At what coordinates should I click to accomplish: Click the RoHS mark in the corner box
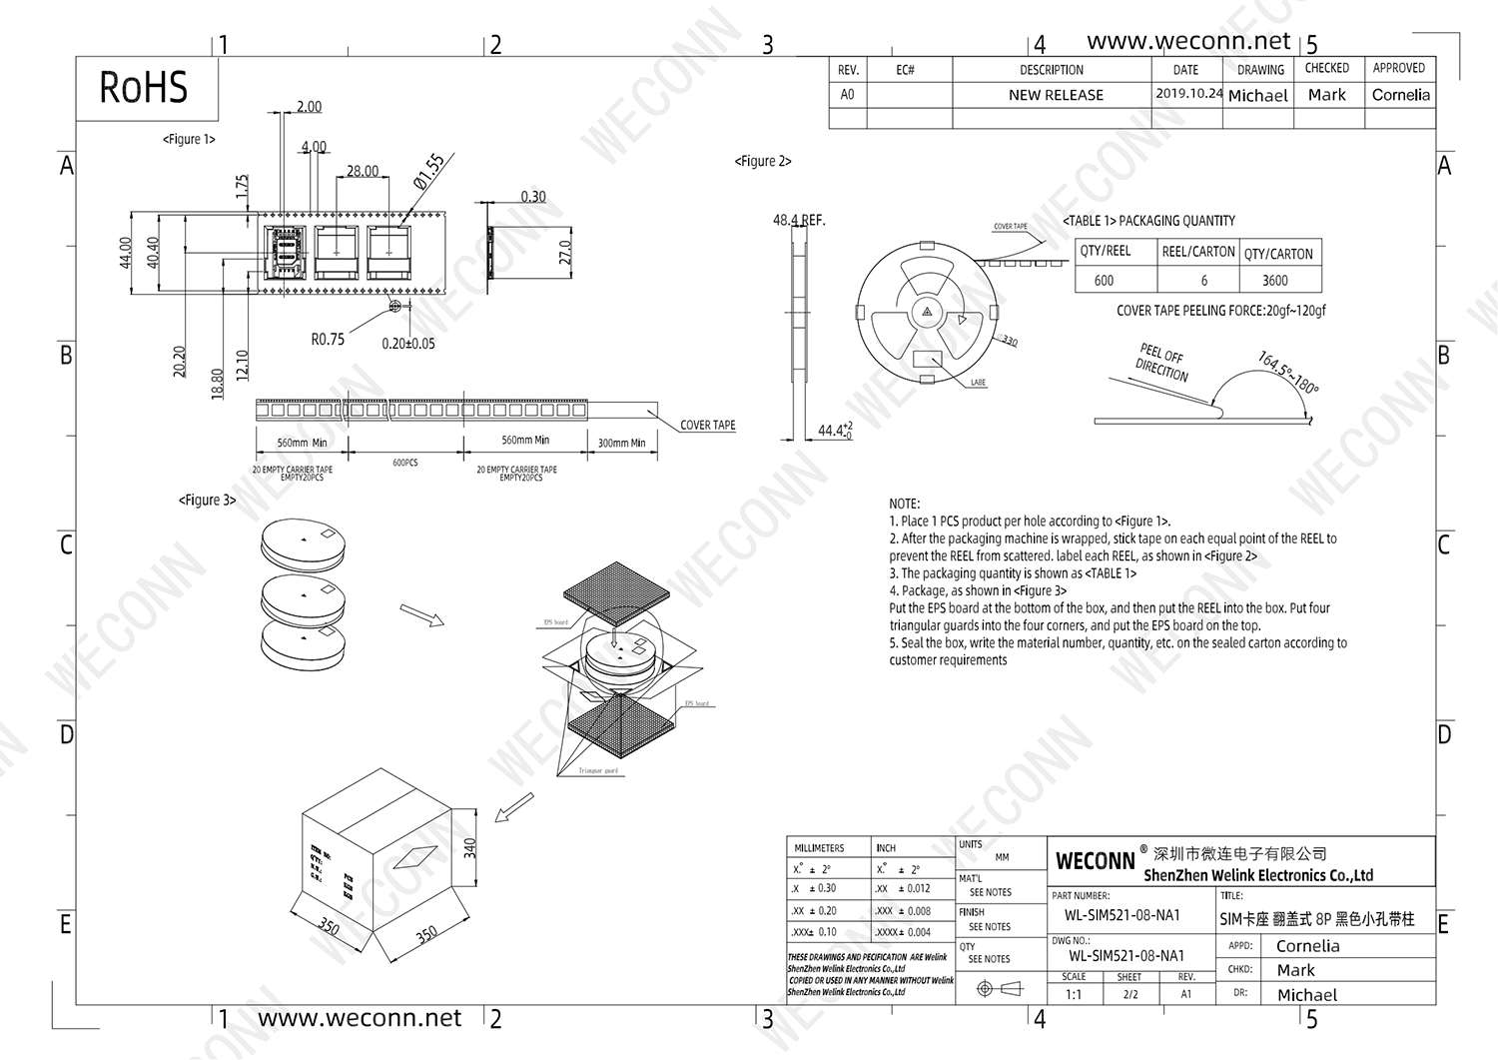point(143,88)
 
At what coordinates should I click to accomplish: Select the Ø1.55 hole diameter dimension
point(429,171)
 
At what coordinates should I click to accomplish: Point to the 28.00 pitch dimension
point(363,171)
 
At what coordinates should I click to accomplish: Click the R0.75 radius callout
point(328,340)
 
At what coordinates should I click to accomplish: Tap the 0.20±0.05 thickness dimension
point(408,344)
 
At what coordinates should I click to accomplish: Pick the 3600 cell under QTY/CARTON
point(1275,281)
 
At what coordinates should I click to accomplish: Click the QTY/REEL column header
point(1106,252)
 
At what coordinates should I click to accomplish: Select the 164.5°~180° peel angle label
point(1288,372)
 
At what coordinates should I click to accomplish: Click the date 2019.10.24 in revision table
point(1188,94)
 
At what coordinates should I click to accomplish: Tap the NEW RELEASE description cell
point(1056,95)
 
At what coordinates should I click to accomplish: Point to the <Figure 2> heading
point(763,161)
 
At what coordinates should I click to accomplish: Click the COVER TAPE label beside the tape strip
point(707,426)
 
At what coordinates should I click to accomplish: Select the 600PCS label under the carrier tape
point(405,464)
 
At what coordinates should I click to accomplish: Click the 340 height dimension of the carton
point(470,848)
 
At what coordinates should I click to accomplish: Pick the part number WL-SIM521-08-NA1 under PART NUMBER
point(1123,915)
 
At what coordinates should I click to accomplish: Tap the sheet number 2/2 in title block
point(1130,994)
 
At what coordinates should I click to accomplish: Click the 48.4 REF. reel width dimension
point(799,221)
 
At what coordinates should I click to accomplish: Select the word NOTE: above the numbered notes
point(905,504)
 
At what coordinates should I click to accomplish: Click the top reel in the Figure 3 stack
point(306,542)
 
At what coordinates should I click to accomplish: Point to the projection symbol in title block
point(1000,988)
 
